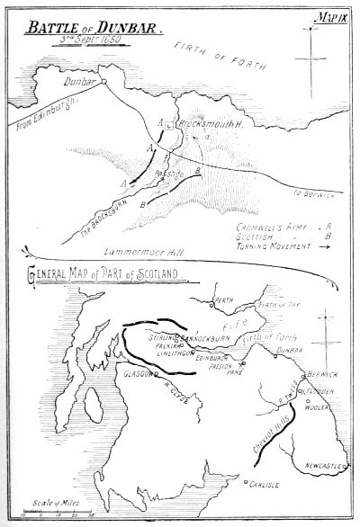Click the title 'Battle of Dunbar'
pos(93,29)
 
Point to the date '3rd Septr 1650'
pos(92,41)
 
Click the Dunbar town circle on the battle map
pos(104,82)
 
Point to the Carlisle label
pos(266,485)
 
